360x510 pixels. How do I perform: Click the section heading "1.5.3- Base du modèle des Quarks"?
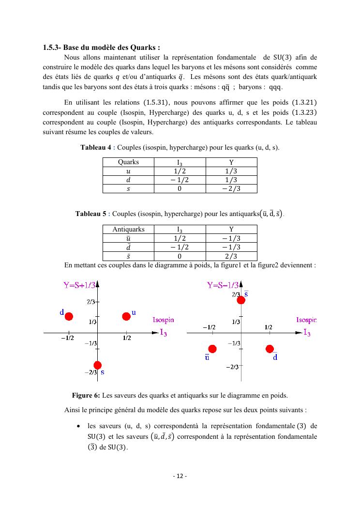point(101,47)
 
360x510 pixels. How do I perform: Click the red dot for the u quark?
point(126,316)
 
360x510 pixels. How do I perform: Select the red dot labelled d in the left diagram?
point(69,316)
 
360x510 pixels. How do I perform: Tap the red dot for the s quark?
point(98,365)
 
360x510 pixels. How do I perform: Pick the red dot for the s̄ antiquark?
point(241,300)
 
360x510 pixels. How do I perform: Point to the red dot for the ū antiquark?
point(212,349)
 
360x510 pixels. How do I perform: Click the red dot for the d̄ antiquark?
point(270,349)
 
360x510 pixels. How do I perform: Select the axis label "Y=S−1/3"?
point(223,285)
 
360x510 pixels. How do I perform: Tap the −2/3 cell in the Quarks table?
point(231,189)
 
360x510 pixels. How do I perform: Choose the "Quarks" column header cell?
point(128,162)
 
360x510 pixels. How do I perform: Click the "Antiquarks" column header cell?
point(128,229)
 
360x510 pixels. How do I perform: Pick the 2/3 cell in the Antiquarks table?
point(231,256)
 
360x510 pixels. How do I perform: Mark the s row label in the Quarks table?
point(128,189)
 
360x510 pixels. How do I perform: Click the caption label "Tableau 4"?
point(96,147)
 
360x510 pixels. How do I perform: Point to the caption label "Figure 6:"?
point(86,395)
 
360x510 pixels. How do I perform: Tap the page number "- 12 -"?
point(180,476)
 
